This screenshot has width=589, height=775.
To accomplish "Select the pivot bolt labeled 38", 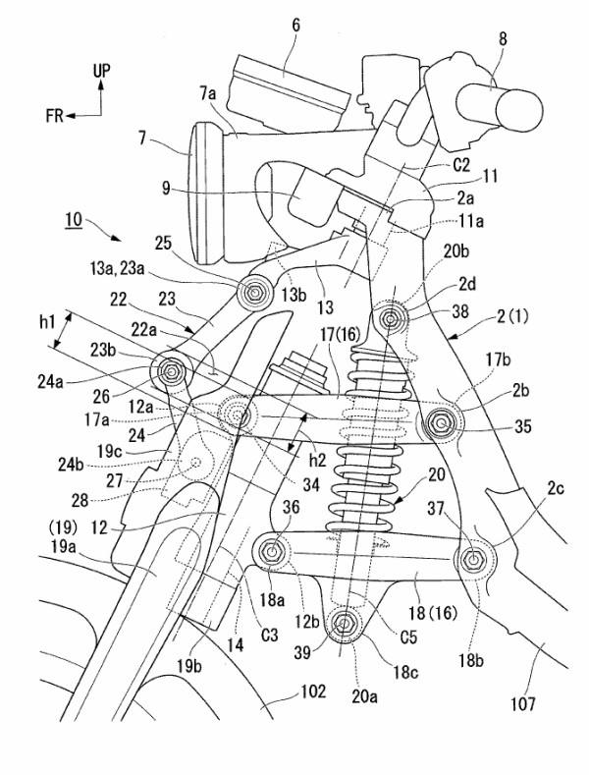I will coord(392,317).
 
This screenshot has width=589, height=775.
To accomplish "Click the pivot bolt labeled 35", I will coord(439,423).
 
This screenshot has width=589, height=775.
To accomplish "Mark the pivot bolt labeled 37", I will coord(473,560).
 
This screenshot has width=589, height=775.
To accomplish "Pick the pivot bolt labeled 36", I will coord(273,552).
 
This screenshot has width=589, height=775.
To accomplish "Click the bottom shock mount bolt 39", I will coord(345,622).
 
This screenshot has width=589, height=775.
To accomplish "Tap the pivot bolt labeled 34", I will coord(236,410).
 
